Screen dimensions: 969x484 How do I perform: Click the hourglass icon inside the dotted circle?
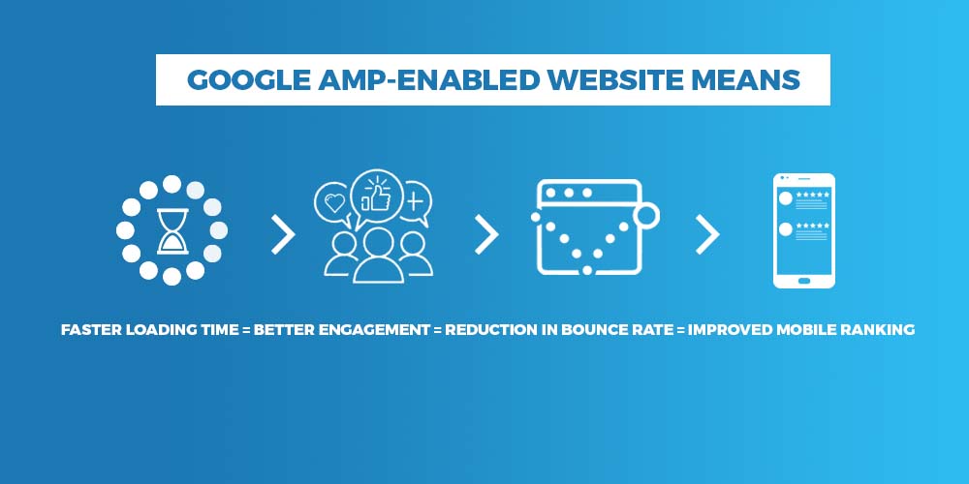[x=172, y=231]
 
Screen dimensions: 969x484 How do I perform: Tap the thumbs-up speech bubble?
[x=376, y=193]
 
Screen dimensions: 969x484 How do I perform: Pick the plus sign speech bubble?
[x=415, y=203]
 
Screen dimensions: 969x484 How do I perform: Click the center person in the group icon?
[x=378, y=256]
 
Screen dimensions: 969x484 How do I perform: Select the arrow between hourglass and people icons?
[x=283, y=235]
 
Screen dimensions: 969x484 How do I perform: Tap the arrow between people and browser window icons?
[x=486, y=235]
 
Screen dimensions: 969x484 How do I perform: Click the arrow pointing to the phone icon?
[x=707, y=235]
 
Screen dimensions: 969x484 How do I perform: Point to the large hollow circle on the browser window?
[x=647, y=216]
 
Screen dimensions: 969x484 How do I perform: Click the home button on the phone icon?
[x=804, y=281]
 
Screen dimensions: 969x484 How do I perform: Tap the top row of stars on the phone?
[x=813, y=195]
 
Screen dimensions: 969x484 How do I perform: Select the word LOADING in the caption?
[x=157, y=330]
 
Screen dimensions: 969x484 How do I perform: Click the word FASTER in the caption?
[x=91, y=330]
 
